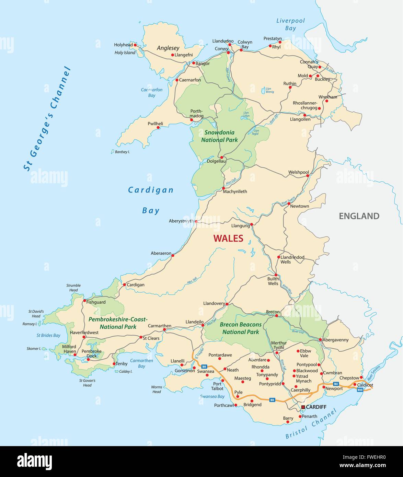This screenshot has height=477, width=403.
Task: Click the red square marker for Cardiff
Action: tap(303, 407)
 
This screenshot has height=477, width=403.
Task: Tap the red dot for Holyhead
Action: tap(135, 45)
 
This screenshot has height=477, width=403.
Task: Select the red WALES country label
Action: tap(228, 238)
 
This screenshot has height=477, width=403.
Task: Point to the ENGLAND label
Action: tap(359, 216)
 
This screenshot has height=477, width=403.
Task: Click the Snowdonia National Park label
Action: tap(219, 136)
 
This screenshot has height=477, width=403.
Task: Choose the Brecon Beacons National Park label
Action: tap(241, 328)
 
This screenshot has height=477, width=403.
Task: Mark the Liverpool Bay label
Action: tap(290, 24)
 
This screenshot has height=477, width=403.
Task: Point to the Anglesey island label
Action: tap(168, 48)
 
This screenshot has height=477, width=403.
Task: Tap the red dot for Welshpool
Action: tap(308, 175)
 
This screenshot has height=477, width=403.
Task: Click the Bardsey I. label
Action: tap(123, 152)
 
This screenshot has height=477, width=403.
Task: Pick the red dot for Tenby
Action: tap(114, 364)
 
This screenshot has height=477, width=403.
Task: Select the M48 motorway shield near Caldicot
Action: tap(360, 389)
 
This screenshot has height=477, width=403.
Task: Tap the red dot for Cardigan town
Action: tap(124, 284)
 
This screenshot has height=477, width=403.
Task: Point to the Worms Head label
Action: tap(157, 389)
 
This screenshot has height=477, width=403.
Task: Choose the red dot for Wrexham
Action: tap(327, 101)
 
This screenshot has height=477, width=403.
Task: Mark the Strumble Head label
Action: tap(73, 288)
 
